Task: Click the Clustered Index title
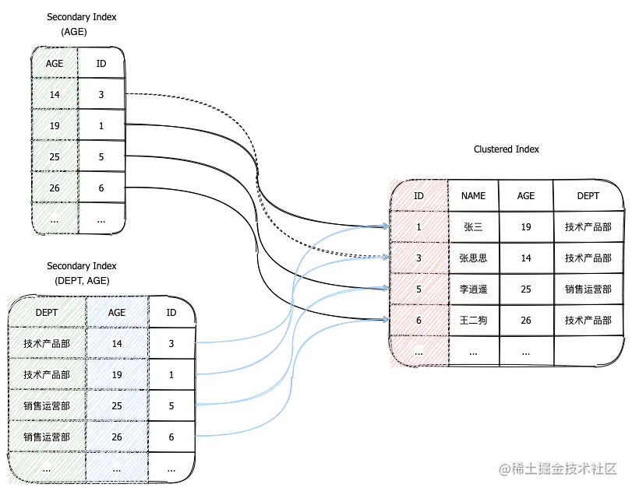507,149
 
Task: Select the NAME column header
473,196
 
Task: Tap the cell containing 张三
473,227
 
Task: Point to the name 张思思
473,258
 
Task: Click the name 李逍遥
473,289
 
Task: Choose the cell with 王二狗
473,321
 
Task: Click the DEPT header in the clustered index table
588,196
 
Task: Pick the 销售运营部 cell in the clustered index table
588,289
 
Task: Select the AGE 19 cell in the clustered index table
526,227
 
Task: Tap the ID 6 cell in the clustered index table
418,321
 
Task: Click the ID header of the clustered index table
418,196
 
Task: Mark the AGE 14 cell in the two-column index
55,95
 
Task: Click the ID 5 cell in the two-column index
101,157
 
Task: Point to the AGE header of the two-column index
55,64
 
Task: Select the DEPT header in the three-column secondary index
47,313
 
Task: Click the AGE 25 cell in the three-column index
117,406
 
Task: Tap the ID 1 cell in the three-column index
171,375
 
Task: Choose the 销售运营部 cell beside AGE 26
47,437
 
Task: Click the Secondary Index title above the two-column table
82,16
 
